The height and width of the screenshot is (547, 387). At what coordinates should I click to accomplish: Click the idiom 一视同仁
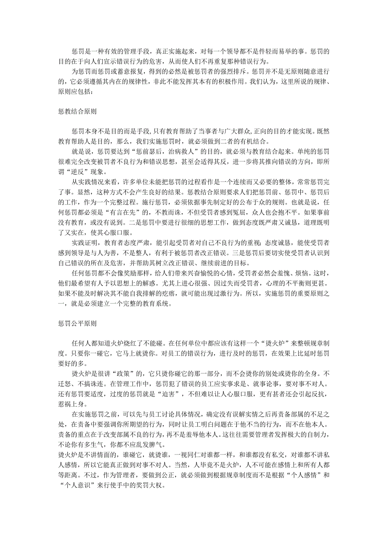163,454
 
